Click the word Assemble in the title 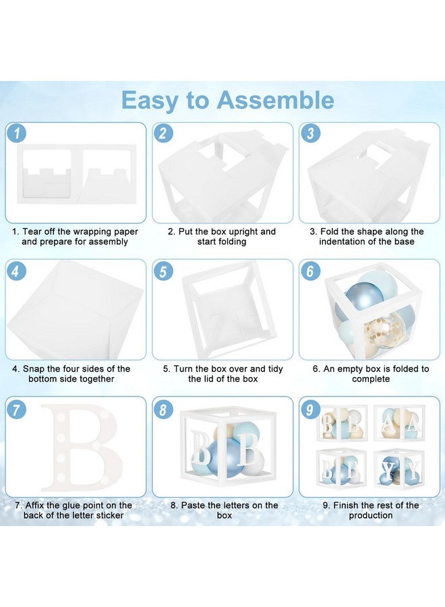(275, 100)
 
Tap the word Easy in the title (150, 101)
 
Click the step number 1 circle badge (16, 133)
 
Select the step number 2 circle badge (163, 133)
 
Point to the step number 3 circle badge (310, 133)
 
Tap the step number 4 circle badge (16, 270)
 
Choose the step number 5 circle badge (163, 270)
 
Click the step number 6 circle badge (310, 270)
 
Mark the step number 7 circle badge (16, 409)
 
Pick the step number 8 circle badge (163, 409)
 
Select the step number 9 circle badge (310, 409)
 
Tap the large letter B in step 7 (82, 448)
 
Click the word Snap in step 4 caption (34, 369)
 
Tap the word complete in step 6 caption (371, 379)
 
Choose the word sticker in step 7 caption (110, 515)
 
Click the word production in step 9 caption (371, 516)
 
